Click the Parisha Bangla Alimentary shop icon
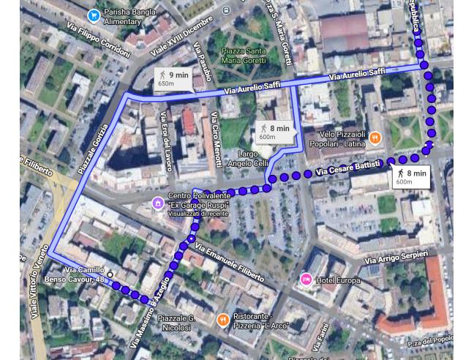[94, 15]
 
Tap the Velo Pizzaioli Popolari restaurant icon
[375, 137]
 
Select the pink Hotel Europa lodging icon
[306, 280]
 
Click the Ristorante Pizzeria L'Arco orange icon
[223, 320]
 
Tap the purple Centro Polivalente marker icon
[157, 203]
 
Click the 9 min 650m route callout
[173, 78]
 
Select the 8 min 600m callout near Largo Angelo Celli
[274, 132]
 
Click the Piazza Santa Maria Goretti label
[244, 56]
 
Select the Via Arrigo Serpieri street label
[396, 257]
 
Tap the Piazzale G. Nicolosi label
[176, 323]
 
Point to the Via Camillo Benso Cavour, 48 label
[85, 274]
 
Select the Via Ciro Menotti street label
[216, 139]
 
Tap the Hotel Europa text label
[337, 280]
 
